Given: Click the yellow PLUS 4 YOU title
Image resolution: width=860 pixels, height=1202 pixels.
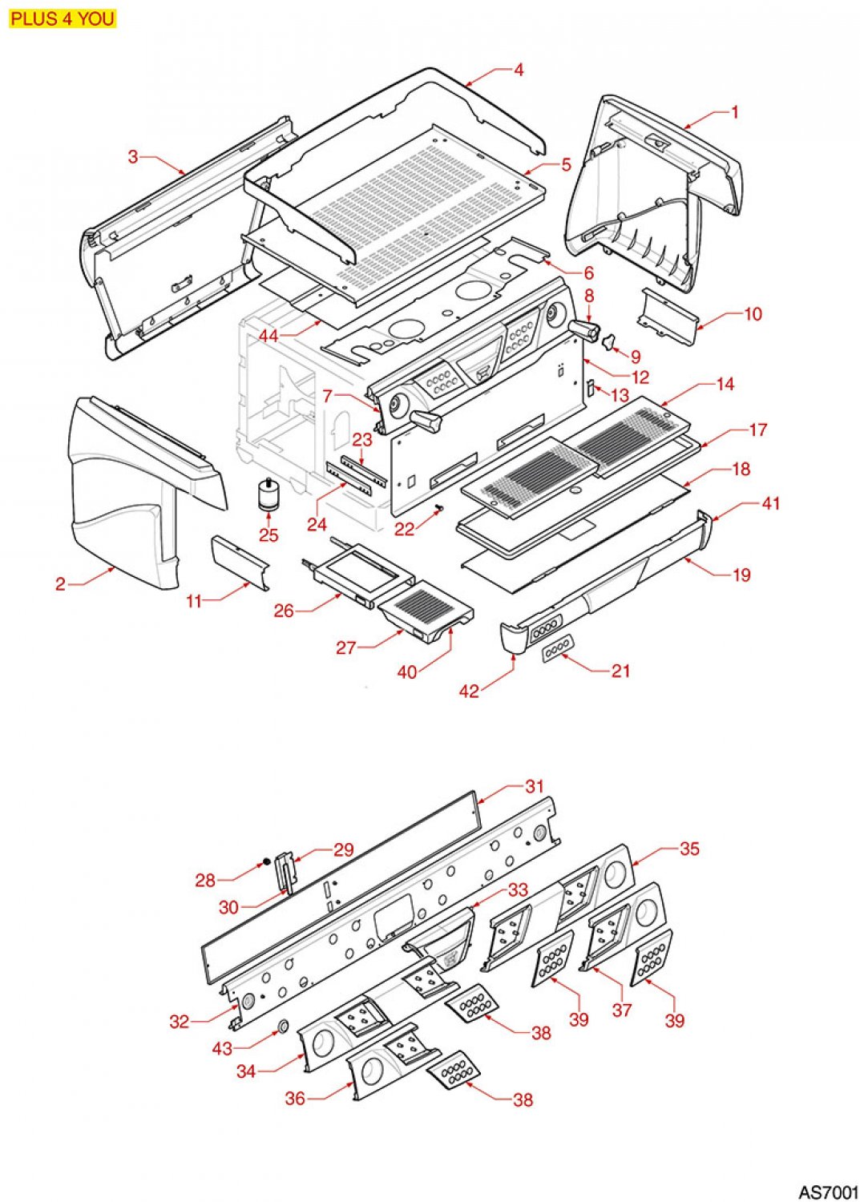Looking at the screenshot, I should [63, 18].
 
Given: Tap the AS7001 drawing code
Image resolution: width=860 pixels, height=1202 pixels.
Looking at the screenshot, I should [828, 1192].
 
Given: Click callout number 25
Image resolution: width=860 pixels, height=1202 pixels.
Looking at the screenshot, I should [268, 534].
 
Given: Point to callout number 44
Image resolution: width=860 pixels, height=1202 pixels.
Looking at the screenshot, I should [268, 336].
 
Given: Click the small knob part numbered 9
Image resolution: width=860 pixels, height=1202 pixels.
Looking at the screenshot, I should [608, 343].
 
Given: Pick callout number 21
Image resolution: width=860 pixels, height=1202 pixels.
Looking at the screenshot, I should [620, 671].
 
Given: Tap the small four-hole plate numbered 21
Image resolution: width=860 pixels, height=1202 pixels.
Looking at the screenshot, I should [558, 648].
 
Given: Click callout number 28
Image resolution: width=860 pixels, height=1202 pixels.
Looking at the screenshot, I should [205, 881].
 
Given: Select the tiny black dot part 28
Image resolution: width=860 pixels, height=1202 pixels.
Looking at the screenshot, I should [265, 863].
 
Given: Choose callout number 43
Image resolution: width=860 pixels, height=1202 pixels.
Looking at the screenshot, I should [222, 1048].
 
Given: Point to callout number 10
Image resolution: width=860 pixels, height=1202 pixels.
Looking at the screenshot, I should [753, 314].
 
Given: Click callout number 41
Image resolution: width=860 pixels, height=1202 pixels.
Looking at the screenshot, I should [770, 503].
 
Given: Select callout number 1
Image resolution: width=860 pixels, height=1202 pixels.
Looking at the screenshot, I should [735, 112].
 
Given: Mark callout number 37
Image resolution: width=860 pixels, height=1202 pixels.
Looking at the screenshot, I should [622, 1010].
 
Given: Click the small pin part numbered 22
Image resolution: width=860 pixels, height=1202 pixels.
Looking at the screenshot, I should [439, 509].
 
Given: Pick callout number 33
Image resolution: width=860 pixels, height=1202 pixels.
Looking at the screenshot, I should [518, 890].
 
